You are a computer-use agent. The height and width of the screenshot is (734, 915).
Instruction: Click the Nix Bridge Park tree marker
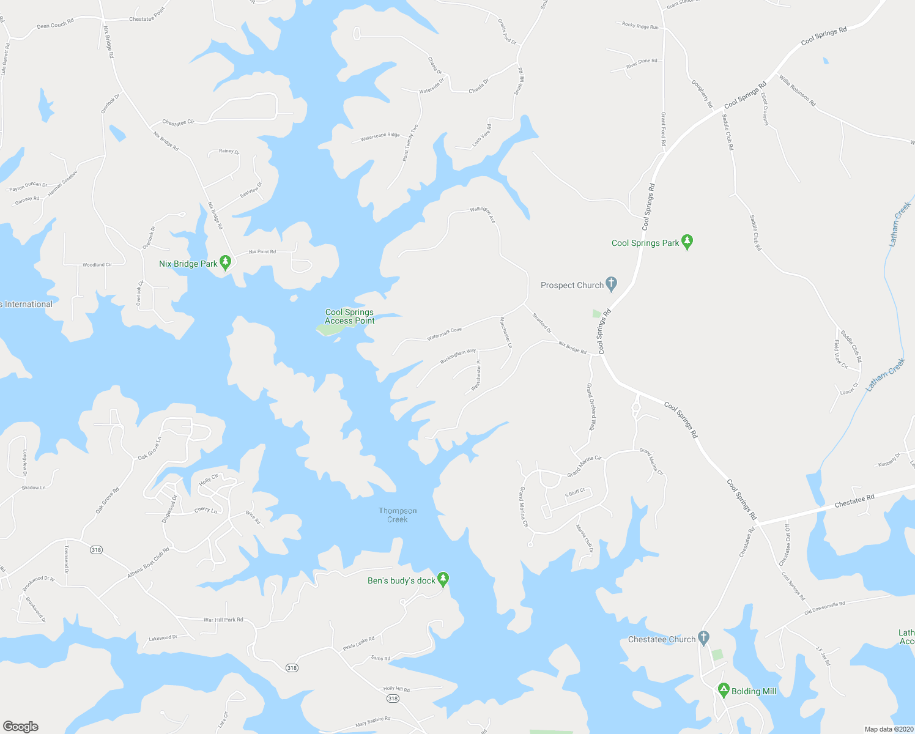[225, 263]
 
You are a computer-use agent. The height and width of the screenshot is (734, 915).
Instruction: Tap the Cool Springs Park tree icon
[687, 242]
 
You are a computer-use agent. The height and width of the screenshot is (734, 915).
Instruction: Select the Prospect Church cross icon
[611, 284]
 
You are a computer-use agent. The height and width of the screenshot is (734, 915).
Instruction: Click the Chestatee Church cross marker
[703, 639]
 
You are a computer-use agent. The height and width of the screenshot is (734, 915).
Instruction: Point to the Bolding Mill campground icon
[724, 691]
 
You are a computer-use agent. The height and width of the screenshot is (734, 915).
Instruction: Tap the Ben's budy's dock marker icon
[443, 579]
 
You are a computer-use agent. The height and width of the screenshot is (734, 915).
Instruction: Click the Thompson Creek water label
[398, 515]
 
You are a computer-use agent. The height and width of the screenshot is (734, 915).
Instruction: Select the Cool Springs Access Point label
[349, 316]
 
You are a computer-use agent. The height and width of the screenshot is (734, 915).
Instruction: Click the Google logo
[20, 727]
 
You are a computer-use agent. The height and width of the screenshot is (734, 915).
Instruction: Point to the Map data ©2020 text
[888, 729]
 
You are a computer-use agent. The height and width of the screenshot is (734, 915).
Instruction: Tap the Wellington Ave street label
[483, 214]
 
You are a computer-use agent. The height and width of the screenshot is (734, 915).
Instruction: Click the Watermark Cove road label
[444, 334]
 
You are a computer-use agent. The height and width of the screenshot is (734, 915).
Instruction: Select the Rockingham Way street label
[458, 356]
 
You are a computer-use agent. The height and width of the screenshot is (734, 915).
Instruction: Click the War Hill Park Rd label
[223, 620]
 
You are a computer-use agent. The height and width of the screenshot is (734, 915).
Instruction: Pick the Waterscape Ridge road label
[380, 137]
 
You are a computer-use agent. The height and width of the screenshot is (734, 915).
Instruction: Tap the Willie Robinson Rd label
[797, 91]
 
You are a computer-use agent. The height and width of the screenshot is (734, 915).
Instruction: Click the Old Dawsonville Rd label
[824, 607]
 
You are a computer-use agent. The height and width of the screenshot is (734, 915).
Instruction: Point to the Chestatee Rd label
[854, 501]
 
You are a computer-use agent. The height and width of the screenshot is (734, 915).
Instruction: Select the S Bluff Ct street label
[575, 492]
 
